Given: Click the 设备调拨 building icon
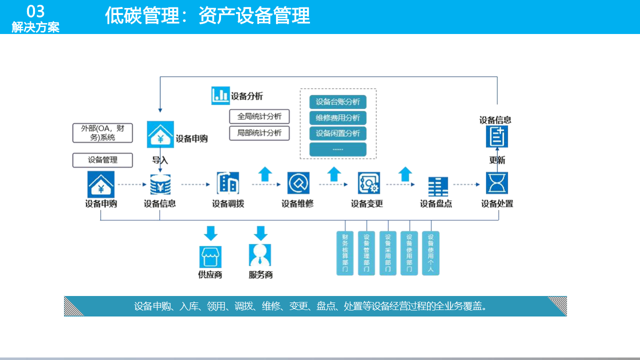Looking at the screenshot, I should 228,183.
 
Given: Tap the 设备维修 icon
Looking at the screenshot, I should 298,183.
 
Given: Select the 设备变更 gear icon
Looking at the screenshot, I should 369,183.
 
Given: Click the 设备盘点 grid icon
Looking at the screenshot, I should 438,186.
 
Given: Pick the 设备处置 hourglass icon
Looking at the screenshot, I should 497,183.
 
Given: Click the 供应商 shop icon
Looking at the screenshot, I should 210,256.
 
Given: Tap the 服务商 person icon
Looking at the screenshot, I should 260,255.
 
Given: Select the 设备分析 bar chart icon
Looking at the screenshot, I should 220,95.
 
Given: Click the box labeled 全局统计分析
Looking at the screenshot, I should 259,116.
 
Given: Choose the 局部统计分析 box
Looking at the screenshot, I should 259,133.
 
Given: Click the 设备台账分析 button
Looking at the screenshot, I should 338,102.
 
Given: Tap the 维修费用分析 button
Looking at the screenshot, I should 338,118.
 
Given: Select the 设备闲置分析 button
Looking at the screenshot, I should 338,133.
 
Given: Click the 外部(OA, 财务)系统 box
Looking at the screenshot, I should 102,133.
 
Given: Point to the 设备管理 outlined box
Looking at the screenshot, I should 102,160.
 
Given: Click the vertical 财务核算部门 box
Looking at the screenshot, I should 345,253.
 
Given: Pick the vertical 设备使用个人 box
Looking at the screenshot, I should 430,253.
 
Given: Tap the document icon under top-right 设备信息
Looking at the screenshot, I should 497,136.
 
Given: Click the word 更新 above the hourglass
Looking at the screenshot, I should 497,160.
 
